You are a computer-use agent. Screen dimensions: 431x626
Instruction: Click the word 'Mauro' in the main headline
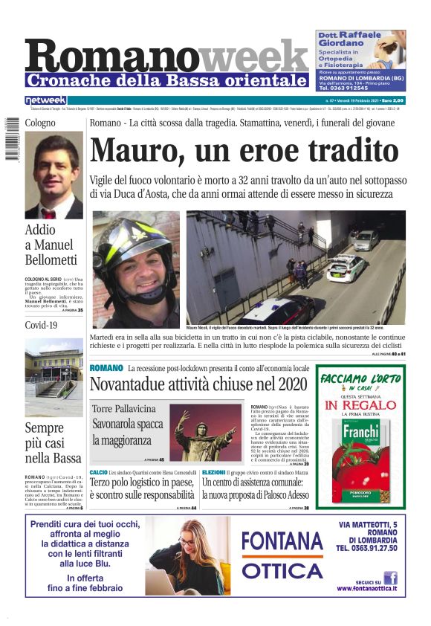(x=131, y=150)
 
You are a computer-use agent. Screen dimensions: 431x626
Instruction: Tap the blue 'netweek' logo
(x=45, y=100)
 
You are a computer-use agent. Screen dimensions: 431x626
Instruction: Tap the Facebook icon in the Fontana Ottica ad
(x=389, y=577)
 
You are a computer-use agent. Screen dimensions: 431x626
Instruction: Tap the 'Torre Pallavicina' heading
(x=124, y=409)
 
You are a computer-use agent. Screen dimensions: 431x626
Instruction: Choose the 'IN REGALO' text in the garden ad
(x=360, y=405)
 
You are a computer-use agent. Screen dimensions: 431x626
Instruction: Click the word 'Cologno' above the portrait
(x=40, y=123)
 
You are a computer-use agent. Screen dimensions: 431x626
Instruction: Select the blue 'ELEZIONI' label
(x=213, y=472)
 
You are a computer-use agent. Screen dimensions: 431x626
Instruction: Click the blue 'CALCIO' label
(x=98, y=472)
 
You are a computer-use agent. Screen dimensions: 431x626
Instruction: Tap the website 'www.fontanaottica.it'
(x=366, y=589)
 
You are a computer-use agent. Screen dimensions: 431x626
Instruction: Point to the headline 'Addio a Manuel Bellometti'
(x=51, y=245)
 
